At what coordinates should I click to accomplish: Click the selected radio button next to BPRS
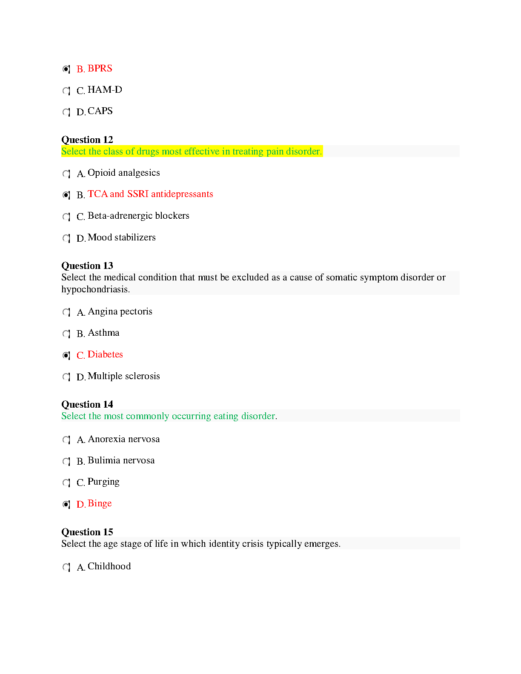point(66,69)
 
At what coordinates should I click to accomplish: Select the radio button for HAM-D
point(66,91)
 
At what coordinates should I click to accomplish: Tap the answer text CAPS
point(100,111)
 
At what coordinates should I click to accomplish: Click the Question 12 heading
point(87,140)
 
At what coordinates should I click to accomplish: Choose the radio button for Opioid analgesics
point(66,174)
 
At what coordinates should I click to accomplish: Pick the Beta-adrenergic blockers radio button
point(66,217)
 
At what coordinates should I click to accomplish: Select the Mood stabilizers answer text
point(122,237)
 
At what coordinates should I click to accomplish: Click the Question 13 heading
point(87,266)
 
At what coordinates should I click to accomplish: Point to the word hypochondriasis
point(95,289)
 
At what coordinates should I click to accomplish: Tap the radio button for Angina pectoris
point(66,312)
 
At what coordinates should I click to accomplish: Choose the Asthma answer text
point(103,333)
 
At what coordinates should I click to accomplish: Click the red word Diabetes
point(105,354)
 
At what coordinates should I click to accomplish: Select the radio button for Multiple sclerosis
point(66,377)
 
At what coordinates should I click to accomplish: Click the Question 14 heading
point(87,404)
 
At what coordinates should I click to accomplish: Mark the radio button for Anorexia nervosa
point(66,440)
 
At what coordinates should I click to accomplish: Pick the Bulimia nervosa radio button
point(66,461)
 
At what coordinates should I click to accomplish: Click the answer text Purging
point(103,482)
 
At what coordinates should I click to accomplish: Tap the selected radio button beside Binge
point(66,504)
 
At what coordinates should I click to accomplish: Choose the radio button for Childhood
point(66,567)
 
